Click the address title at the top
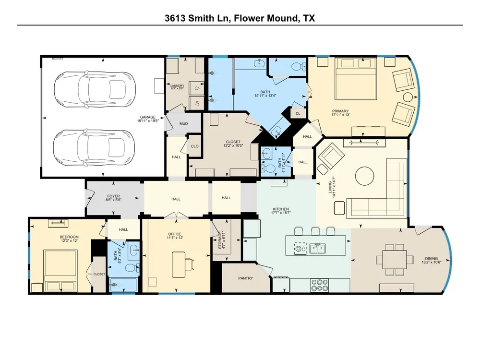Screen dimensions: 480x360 tap(240, 18)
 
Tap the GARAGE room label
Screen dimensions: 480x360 tap(147, 117)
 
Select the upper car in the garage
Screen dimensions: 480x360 tap(95, 89)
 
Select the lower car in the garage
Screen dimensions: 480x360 tap(94, 147)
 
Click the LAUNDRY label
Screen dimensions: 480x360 tap(177, 86)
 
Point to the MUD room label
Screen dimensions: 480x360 tap(184, 124)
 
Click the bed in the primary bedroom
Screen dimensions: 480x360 tap(356, 79)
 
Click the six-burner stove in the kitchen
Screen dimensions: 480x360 tap(320, 285)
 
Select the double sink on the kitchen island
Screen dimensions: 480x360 tap(317, 249)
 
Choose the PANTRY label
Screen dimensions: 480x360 tap(245, 278)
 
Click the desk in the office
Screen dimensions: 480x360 tap(179, 264)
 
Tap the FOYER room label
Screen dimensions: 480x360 tap(113, 196)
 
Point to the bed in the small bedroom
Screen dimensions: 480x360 tap(60, 271)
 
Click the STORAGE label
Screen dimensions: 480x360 tap(220, 240)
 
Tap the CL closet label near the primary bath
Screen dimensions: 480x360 tap(298, 114)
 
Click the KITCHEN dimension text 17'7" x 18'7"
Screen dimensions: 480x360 tap(281, 213)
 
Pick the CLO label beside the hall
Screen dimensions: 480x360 tap(195, 146)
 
